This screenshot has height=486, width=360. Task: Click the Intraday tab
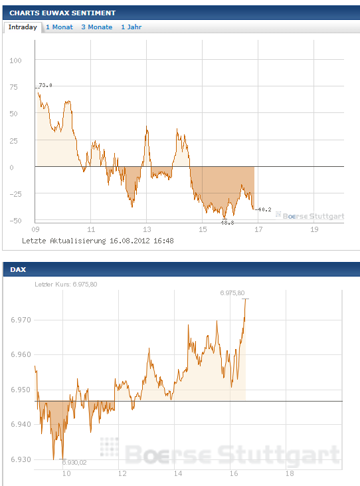click(x=23, y=27)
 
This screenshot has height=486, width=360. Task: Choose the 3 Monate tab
click(x=96, y=27)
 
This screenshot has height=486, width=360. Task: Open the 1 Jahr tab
click(x=131, y=27)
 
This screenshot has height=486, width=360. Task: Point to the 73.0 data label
click(x=45, y=85)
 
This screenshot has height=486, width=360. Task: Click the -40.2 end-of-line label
click(x=264, y=209)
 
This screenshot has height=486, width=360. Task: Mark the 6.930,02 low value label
click(x=75, y=462)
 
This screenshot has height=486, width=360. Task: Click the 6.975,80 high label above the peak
click(x=232, y=293)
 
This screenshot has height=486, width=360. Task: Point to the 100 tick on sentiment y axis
click(x=16, y=60)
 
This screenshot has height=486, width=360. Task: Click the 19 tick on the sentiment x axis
click(x=314, y=229)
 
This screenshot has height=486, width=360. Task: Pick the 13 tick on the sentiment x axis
click(x=147, y=229)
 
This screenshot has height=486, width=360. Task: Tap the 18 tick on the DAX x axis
click(x=290, y=474)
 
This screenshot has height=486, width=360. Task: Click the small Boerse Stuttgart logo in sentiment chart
click(x=310, y=215)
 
